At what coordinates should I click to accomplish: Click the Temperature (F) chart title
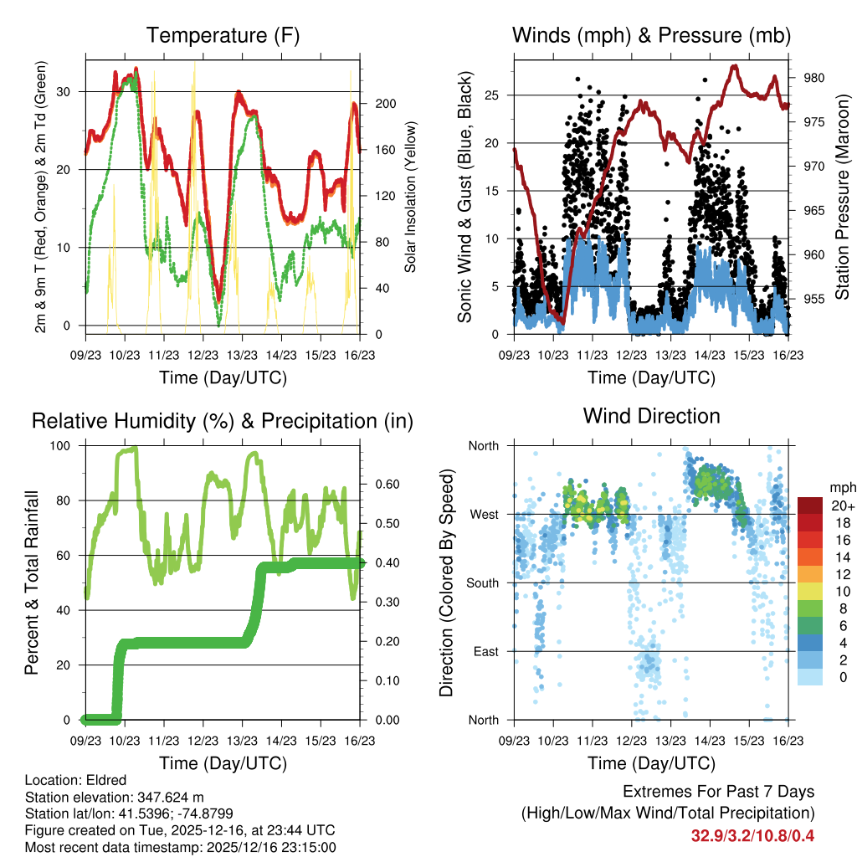coord(223,36)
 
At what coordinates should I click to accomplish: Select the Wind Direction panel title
coord(651,415)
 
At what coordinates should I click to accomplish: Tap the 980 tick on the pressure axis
coord(814,78)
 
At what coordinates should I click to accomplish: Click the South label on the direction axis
coord(482,582)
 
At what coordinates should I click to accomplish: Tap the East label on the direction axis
coord(485,651)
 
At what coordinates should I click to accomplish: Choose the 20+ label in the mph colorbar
coord(840,505)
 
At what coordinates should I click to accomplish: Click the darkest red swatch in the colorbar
coord(809,505)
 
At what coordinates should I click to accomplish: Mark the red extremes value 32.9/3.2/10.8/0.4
coord(752,836)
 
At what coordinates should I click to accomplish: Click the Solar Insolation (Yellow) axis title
coord(410,197)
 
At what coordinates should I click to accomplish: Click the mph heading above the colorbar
coord(840,487)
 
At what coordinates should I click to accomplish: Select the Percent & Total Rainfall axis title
coord(33,583)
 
